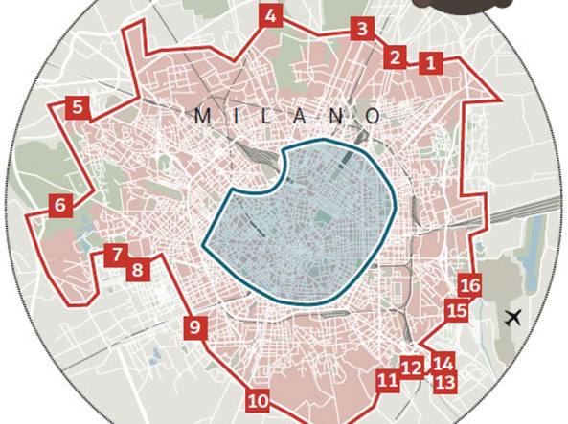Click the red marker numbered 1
pyautogui.click(x=431, y=64)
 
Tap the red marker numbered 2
pyautogui.click(x=395, y=57)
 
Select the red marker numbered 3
pyautogui.click(x=361, y=29)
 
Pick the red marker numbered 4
pyautogui.click(x=271, y=16)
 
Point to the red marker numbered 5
pyautogui.click(x=78, y=107)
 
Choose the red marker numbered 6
pyautogui.click(x=61, y=205)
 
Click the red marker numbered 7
pyautogui.click(x=117, y=255)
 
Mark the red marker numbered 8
pyautogui.click(x=138, y=269)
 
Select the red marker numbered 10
pyautogui.click(x=257, y=401)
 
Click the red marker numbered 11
pyautogui.click(x=388, y=381)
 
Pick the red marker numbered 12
pyautogui.click(x=412, y=368)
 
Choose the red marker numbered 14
pyautogui.click(x=443, y=363)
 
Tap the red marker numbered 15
pyautogui.click(x=457, y=310)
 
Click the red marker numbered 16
pyautogui.click(x=470, y=285)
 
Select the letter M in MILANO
pyautogui.click(x=202, y=116)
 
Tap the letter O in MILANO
pyautogui.click(x=373, y=116)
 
